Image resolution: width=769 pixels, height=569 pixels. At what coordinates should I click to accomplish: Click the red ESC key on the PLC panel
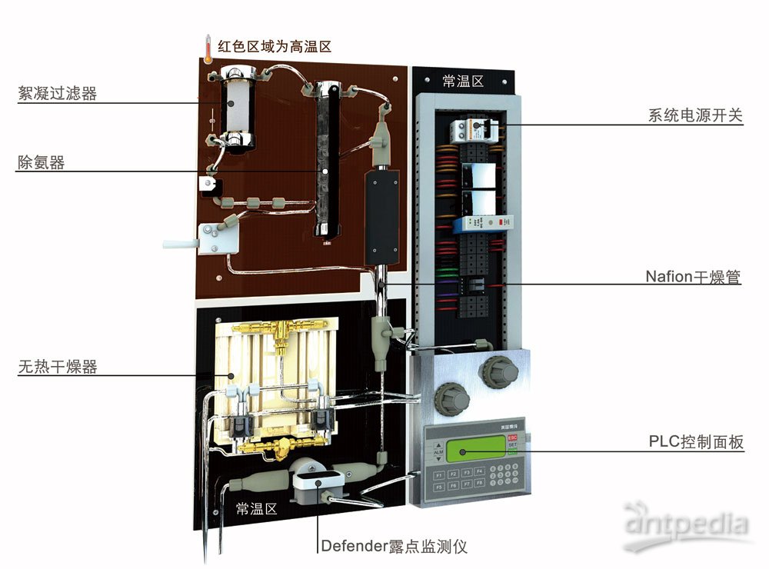click(513, 437)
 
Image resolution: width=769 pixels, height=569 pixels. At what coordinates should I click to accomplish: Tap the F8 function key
click(479, 486)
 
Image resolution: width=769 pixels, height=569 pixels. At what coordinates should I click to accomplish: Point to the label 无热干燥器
click(58, 367)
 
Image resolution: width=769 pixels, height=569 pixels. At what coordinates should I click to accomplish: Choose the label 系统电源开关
click(695, 115)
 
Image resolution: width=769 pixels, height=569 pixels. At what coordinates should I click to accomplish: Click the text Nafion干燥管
click(693, 277)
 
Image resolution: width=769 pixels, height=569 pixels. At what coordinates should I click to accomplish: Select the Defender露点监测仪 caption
click(394, 547)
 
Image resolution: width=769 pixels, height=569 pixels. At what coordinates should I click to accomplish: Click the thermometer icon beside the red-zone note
click(207, 48)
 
